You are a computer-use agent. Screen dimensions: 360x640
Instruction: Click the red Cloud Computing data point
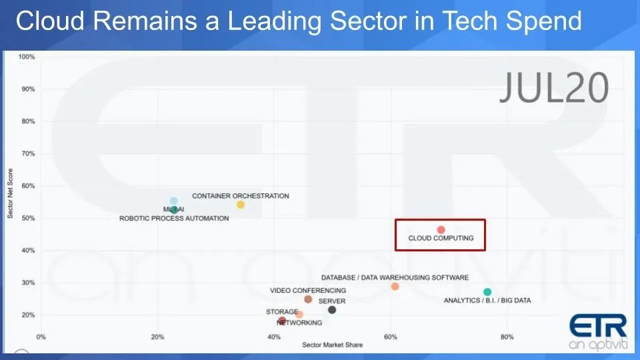[x=441, y=230]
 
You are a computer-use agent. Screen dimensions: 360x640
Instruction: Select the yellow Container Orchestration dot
[x=241, y=205]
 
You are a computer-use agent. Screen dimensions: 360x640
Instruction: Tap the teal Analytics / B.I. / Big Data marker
[x=487, y=292]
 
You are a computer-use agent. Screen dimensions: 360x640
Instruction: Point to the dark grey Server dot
[x=332, y=310]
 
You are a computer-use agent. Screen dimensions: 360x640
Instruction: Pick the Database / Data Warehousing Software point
[x=395, y=287]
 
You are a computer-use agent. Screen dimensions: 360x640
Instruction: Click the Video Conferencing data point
[x=308, y=299]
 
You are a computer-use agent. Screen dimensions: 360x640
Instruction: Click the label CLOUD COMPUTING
[x=441, y=238]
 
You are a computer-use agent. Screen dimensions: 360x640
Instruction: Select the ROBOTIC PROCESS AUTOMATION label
[x=174, y=218]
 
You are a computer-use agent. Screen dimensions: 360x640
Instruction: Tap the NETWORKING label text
[x=299, y=323]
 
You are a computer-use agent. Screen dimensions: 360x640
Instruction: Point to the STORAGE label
[x=282, y=311]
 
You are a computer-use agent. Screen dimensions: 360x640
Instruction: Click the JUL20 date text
[x=553, y=87]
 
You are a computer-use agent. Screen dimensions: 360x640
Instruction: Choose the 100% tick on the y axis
[x=27, y=57]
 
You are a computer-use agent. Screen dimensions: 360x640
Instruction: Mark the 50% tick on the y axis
[x=28, y=218]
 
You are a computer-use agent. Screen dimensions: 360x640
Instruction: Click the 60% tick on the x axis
[x=391, y=337]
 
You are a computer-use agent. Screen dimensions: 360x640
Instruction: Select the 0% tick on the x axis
[x=41, y=337]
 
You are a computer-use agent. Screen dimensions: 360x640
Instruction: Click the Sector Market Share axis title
[x=332, y=345]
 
